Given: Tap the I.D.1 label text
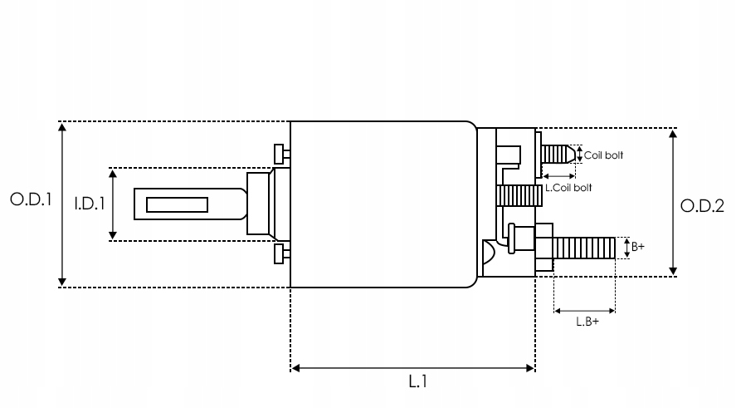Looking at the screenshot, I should point(89,204).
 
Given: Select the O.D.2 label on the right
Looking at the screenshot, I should point(702,206).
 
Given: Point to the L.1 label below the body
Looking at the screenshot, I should point(418,383).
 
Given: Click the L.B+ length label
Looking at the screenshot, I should point(587,323).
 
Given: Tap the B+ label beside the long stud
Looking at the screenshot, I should point(637,247).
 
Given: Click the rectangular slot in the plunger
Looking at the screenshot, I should point(177,204).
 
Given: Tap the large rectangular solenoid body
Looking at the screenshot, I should point(382,204).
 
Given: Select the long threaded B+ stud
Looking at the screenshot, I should point(585,247).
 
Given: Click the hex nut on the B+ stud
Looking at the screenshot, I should point(543,247).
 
